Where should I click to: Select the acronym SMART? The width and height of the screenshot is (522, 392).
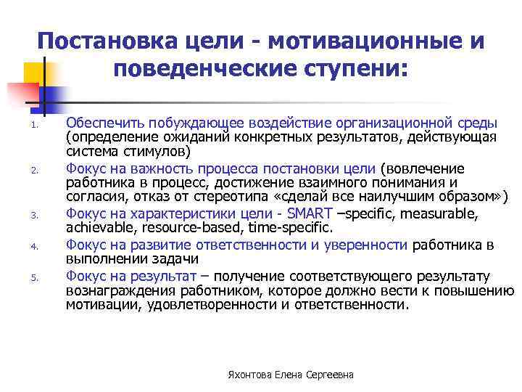(310, 213)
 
